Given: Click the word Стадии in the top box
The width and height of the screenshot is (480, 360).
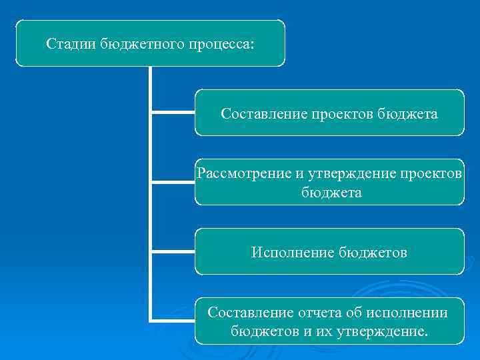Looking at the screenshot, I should pos(71,44).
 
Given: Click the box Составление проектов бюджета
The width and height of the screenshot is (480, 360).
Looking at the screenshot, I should pos(329,113).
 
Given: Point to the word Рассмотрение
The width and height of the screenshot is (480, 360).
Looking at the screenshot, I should pos(243,174).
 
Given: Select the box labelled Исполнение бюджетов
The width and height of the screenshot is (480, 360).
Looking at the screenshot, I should pos(329,251).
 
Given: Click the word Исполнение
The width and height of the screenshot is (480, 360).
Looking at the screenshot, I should pos(293,253).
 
